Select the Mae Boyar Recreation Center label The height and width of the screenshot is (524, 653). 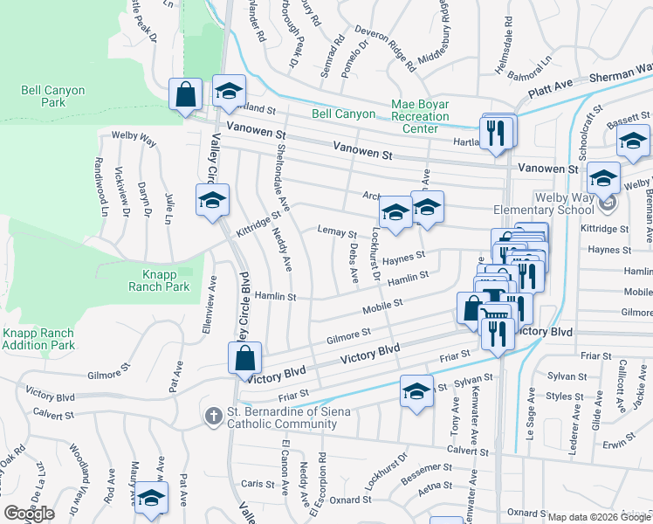420,116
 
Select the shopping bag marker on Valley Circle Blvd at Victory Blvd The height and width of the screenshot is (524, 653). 245,358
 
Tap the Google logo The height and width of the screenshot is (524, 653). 29,514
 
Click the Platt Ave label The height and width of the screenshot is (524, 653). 549,87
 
